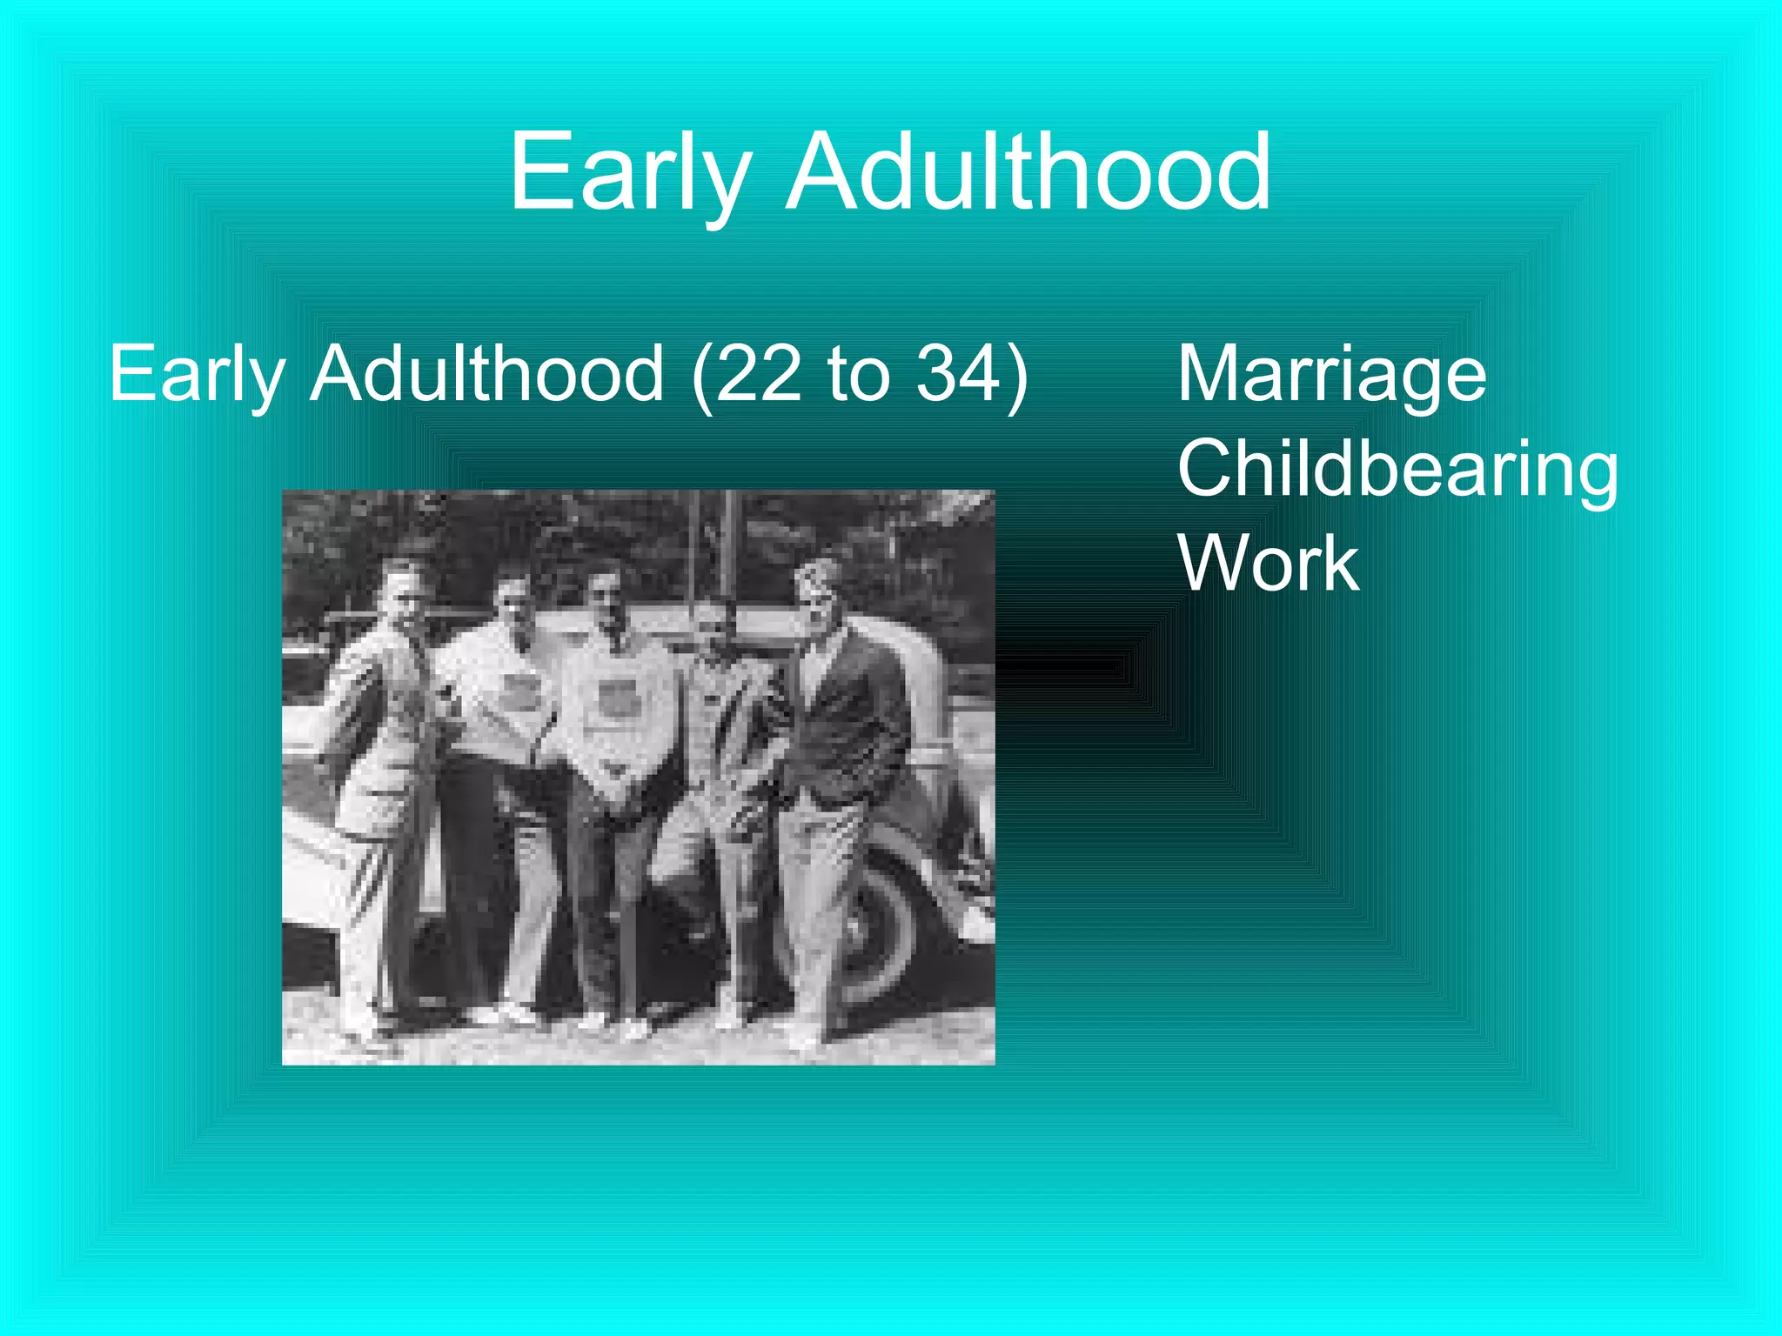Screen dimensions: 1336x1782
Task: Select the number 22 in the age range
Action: pos(756,374)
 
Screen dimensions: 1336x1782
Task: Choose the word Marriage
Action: pos(1331,374)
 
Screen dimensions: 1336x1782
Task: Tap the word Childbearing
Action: pos(1397,470)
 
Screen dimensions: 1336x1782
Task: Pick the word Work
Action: pos(1269,564)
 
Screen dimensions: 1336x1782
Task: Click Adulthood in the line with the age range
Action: pos(487,374)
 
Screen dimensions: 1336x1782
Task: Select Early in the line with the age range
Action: pos(197,374)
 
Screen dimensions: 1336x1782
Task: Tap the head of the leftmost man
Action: pos(402,587)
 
